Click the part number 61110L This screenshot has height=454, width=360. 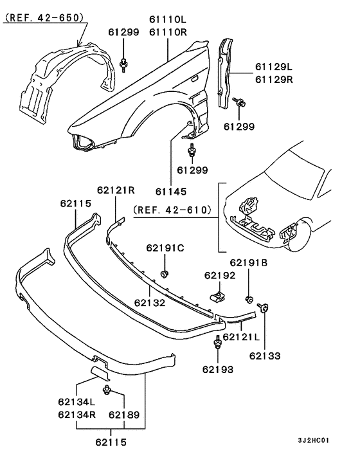point(168,21)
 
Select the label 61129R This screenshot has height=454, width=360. point(273,80)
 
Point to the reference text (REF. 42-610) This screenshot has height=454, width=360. point(173,210)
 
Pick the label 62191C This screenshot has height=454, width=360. point(165,248)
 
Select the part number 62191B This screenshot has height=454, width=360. point(249,262)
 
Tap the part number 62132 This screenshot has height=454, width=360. point(150,301)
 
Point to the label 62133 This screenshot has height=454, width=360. point(265,354)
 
